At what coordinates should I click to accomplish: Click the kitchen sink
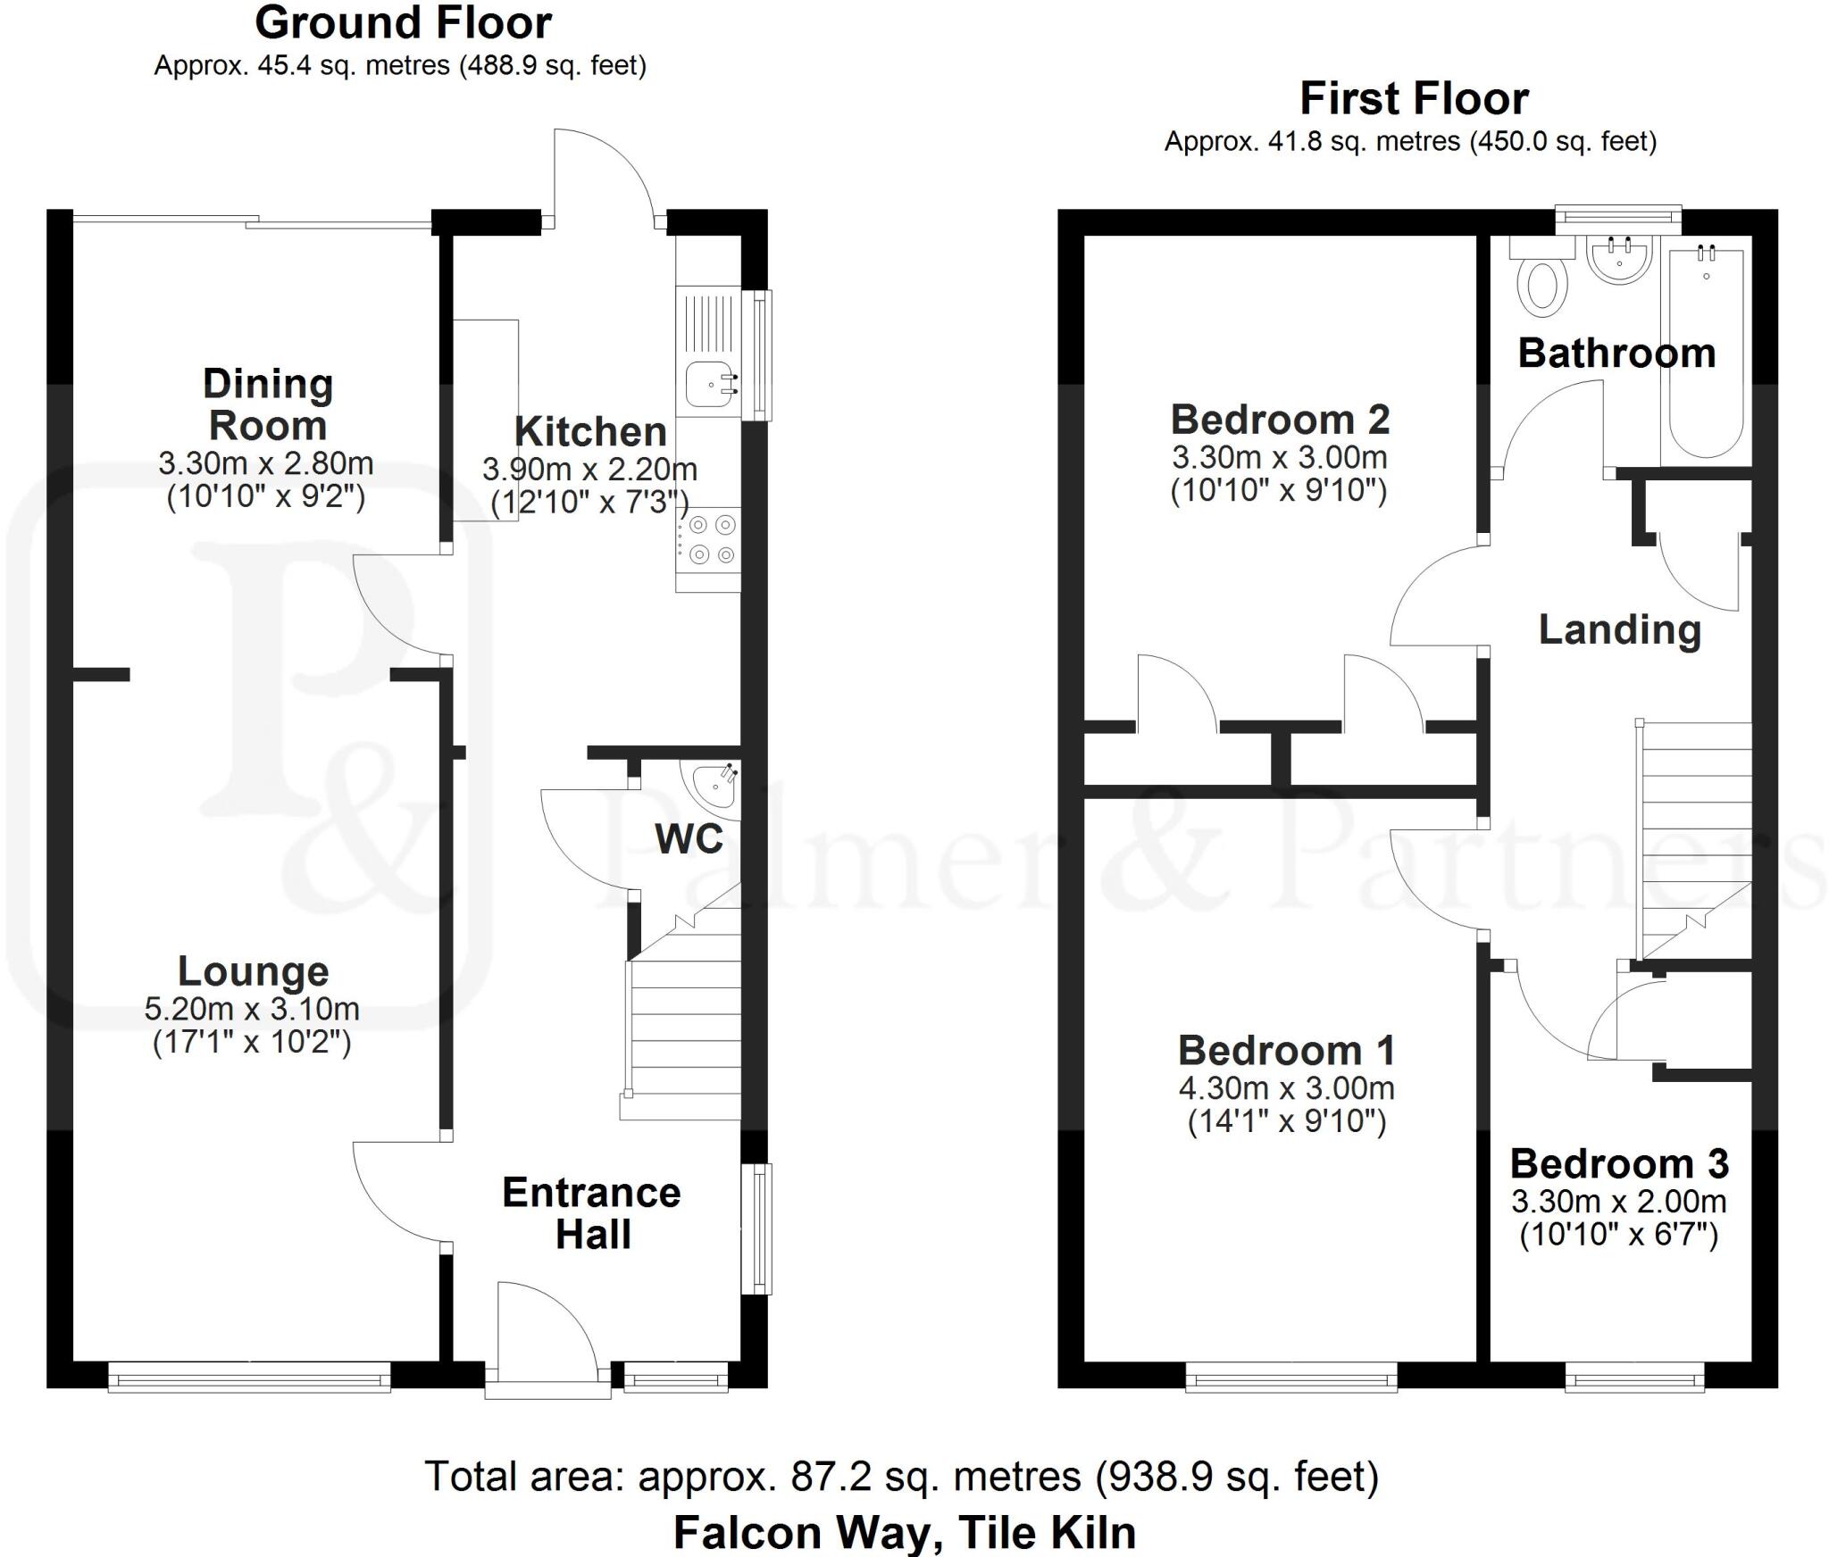pos(711,385)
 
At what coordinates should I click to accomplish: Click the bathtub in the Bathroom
pos(1706,353)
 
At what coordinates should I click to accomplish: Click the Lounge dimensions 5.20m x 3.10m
pos(252,1009)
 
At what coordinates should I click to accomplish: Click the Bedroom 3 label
pos(1619,1163)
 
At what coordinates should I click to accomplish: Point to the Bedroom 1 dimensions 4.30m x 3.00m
pos(1286,1087)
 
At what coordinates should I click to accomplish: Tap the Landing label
pos(1619,629)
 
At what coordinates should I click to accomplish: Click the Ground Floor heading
pos(403,23)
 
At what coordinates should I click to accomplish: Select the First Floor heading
pos(1414,98)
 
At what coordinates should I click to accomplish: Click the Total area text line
pos(901,1476)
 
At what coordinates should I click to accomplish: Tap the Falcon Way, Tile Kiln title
pos(904,1532)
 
